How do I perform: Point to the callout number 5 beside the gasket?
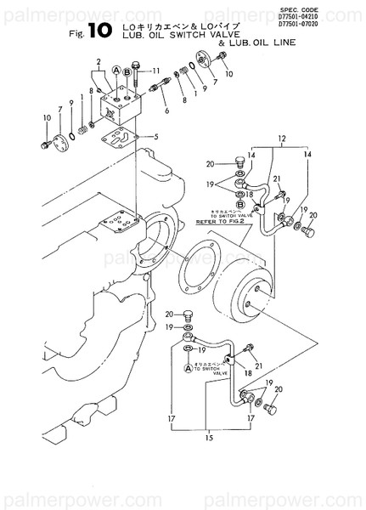coord(155,136)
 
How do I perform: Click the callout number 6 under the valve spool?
coord(166,110)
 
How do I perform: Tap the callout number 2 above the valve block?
coord(99,61)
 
